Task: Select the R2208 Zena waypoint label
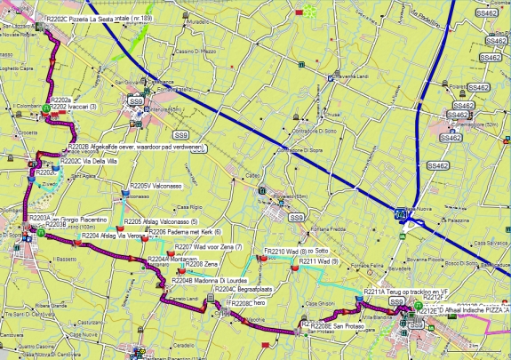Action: point(208,264)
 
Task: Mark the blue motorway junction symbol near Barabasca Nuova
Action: point(403,214)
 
